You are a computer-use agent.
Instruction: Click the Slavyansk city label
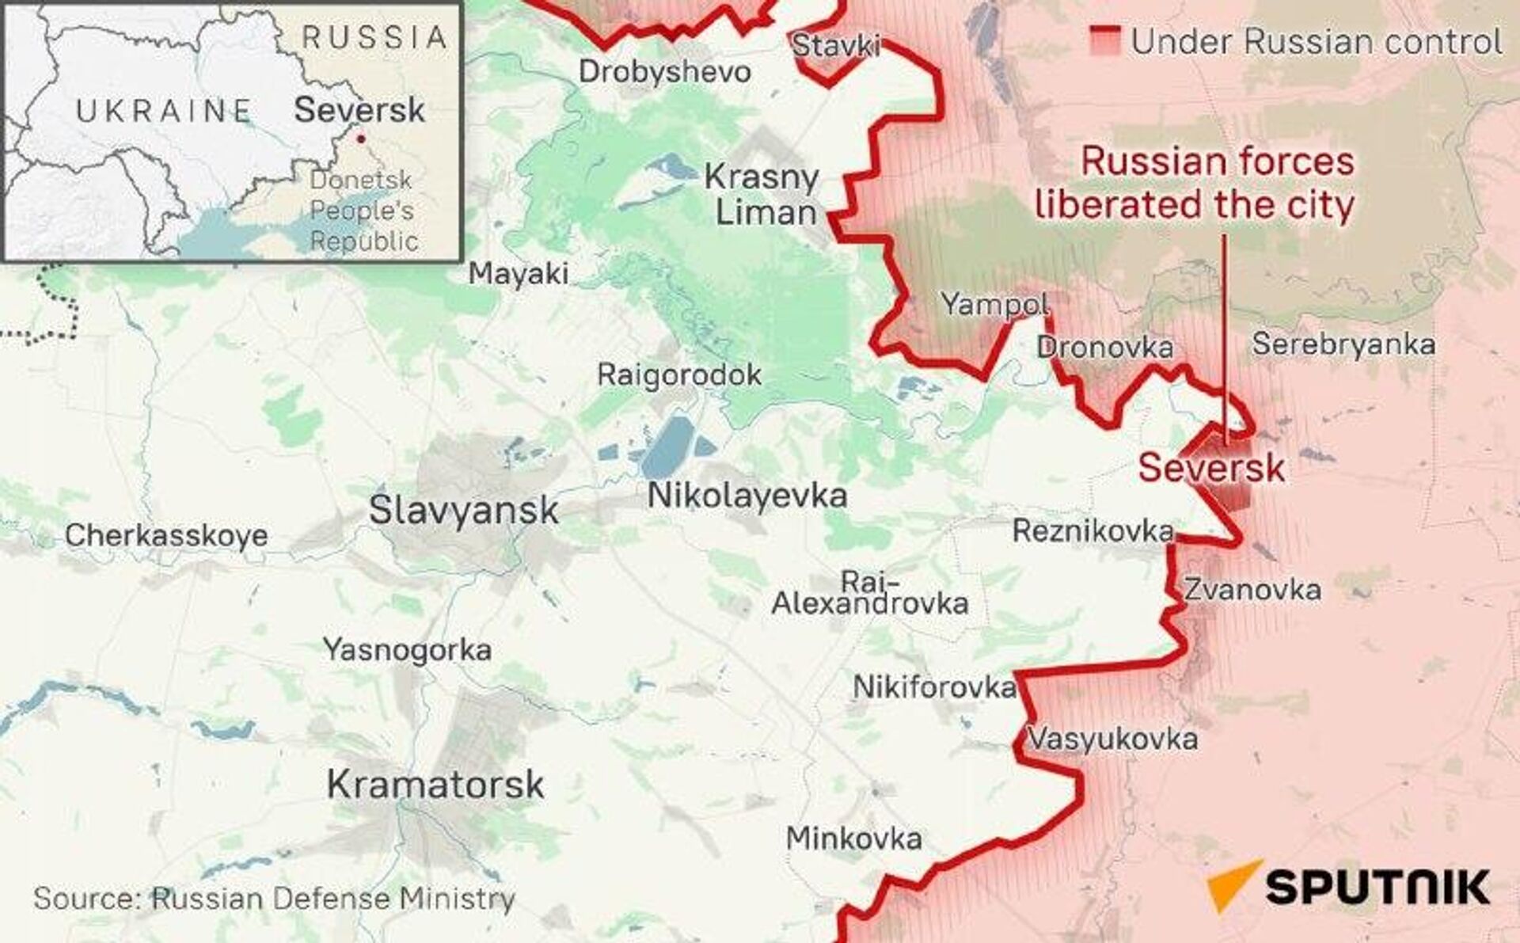(464, 511)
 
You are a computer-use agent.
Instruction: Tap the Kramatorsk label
(435, 785)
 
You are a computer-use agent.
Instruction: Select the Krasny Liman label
(762, 195)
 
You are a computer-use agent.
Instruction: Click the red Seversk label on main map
(1211, 468)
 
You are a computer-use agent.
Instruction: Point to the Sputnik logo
(1349, 886)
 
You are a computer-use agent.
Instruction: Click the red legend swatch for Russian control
(1105, 41)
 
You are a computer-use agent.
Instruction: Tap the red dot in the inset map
(361, 139)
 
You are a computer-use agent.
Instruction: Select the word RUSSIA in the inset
(375, 37)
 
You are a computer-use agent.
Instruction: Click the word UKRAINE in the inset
(164, 111)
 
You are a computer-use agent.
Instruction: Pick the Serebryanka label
(1343, 344)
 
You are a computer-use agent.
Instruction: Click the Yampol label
(995, 304)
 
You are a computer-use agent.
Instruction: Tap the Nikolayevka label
(747, 496)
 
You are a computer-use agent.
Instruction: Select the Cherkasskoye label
(166, 536)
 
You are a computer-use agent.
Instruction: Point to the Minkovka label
(853, 838)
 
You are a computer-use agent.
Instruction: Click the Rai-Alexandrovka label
(869, 593)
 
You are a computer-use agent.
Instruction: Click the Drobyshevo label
(665, 72)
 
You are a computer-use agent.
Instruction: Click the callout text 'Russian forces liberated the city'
(1195, 184)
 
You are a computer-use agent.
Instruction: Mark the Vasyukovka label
(1111, 740)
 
